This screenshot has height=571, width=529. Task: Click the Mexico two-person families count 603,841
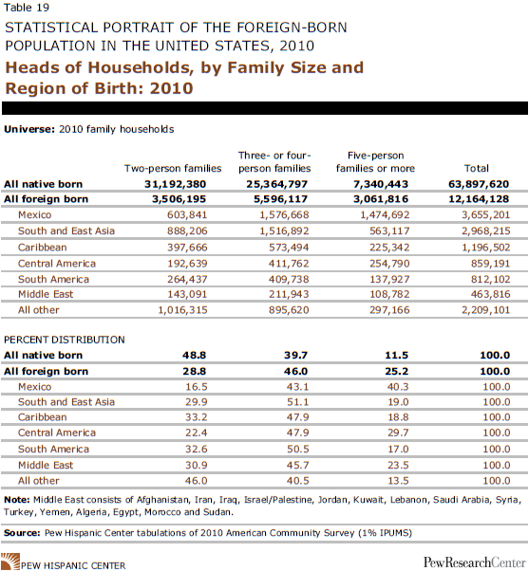187,215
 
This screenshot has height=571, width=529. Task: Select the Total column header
476,168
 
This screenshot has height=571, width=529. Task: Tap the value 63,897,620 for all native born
479,184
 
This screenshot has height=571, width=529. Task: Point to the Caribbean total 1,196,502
486,248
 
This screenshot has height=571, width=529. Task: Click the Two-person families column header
173,168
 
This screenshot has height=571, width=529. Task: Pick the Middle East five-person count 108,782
389,294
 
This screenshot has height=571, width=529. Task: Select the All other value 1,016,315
182,310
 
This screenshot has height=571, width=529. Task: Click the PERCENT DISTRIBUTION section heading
65,340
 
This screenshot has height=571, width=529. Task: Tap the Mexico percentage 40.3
398,387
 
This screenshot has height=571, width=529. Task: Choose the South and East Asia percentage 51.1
297,402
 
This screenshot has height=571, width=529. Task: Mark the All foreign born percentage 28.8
195,372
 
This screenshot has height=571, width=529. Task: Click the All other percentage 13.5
398,481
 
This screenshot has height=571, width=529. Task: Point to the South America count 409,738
289,279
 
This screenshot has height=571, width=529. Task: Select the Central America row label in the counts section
57,264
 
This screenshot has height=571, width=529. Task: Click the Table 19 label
27,8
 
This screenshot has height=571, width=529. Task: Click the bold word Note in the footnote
16,500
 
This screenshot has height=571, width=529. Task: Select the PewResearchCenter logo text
474,562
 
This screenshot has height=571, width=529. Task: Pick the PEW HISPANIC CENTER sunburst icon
9,562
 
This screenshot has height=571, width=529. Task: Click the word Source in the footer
22,533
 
